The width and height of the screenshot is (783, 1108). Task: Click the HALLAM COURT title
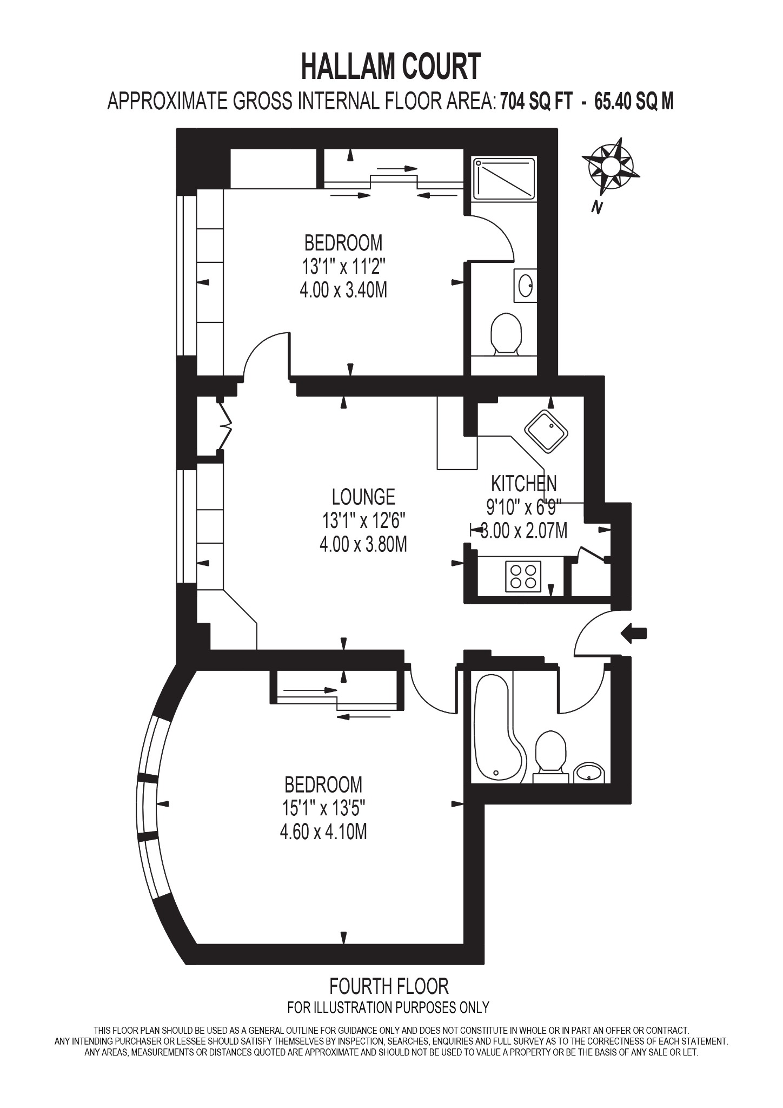point(390,67)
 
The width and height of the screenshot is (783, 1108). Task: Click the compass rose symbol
point(611,166)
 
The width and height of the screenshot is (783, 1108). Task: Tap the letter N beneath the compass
point(597,207)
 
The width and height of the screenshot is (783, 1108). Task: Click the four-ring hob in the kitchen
point(523,576)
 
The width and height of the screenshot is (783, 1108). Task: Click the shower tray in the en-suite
point(503,178)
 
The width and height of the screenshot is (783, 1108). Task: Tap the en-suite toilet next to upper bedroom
point(506,333)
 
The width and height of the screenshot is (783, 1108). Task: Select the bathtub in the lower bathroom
point(495,728)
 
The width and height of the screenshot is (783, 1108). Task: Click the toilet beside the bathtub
point(550,755)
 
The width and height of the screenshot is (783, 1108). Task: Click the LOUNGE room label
point(363,496)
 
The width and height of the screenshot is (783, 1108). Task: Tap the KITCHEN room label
point(523,483)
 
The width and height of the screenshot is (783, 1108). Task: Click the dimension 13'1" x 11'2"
point(343,267)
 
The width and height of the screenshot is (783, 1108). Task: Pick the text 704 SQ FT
point(535,101)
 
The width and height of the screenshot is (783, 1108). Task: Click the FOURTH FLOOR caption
point(389,986)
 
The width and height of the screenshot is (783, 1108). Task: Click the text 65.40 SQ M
point(634,101)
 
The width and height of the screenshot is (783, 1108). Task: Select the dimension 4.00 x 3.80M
point(363,544)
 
